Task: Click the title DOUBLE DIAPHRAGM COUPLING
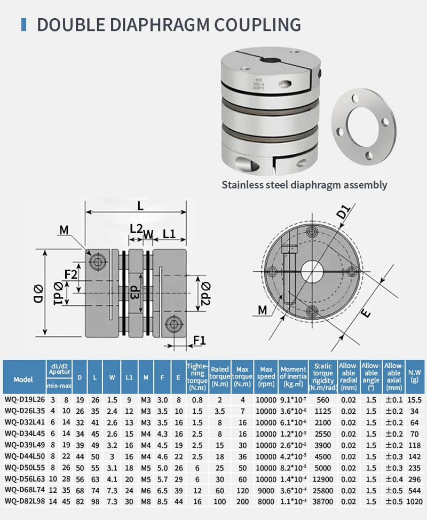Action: (x=168, y=25)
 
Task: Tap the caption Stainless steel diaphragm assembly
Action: (x=304, y=185)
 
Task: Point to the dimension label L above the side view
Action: (x=140, y=206)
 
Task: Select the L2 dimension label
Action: (x=136, y=228)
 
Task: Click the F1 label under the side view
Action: (x=200, y=340)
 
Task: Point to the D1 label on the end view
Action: (x=344, y=212)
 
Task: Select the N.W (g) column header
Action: (x=414, y=376)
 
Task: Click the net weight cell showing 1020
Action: (x=414, y=502)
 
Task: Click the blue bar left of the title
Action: (x=23, y=25)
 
